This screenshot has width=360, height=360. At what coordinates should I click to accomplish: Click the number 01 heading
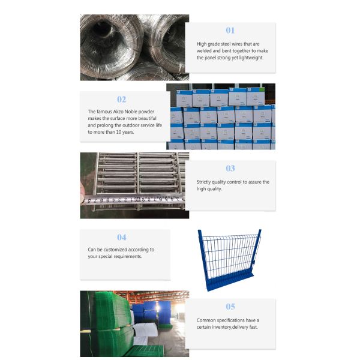tap(230, 31)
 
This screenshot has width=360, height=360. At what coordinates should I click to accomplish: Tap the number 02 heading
tap(121, 100)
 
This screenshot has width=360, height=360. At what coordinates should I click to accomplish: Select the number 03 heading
tap(230, 168)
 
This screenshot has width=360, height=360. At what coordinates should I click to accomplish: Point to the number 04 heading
tap(121, 237)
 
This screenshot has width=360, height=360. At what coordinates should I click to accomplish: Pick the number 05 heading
tap(230, 307)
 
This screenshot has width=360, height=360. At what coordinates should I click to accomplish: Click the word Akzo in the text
tap(118, 112)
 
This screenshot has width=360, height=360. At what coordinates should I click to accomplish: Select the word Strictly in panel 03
tap(203, 182)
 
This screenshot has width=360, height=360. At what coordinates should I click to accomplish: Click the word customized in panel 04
tap(115, 250)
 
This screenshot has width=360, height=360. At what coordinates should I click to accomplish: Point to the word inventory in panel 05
tap(221, 327)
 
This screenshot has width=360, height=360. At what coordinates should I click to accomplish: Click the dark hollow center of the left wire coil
tap(103, 29)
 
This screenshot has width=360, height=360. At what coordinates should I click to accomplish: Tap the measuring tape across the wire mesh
tap(133, 199)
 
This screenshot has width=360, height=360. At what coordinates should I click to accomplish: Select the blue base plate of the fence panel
tap(230, 282)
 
